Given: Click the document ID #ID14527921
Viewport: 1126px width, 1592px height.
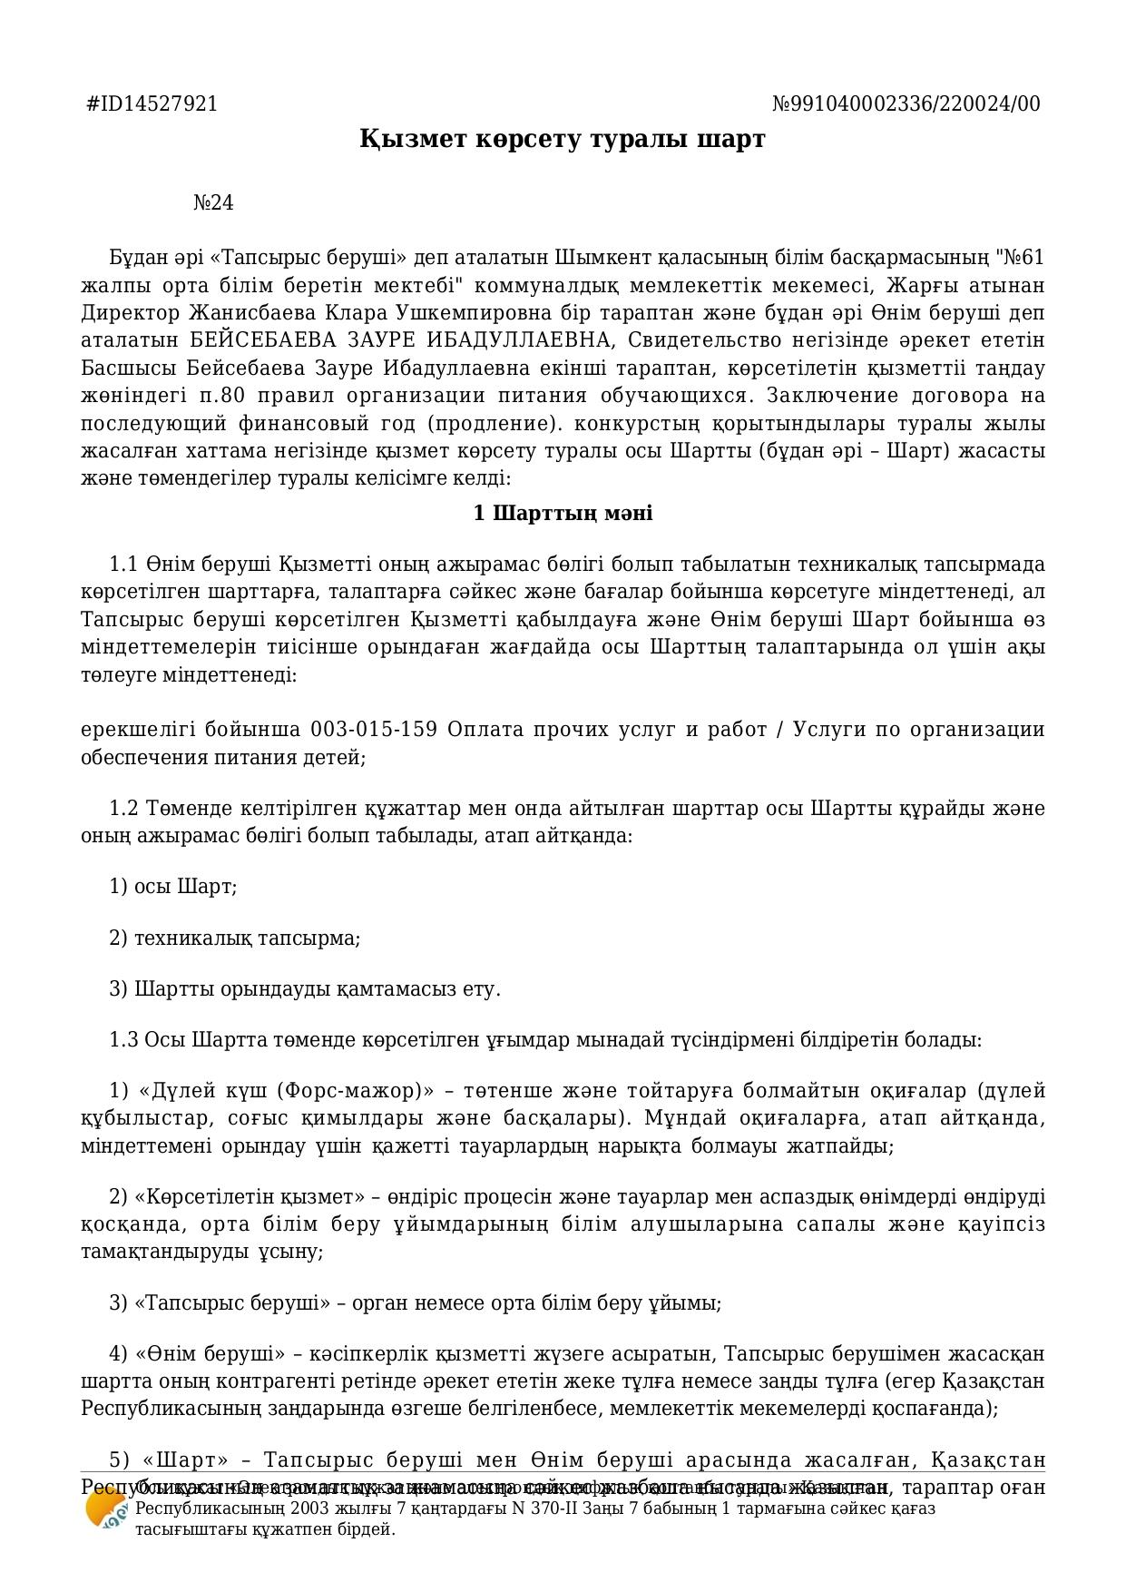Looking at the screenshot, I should (152, 103).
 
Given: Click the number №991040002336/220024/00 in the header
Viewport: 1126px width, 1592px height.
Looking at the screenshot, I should (906, 103).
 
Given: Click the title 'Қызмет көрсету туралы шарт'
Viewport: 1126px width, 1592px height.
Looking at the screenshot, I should (563, 139).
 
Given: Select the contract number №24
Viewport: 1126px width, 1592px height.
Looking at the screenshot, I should (213, 202).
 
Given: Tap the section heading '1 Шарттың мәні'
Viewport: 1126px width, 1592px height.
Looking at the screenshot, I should (563, 513).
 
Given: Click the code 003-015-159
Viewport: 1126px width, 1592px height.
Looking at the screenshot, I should (374, 730).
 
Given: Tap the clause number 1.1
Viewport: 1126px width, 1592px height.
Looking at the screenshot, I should (123, 565).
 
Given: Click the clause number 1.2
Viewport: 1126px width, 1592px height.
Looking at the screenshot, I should (123, 808).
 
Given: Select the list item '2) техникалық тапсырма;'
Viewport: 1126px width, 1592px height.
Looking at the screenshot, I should (235, 938).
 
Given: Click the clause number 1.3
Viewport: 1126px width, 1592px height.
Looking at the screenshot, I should (123, 1039).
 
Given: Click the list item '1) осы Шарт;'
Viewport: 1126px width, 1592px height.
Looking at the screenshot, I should (173, 886).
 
